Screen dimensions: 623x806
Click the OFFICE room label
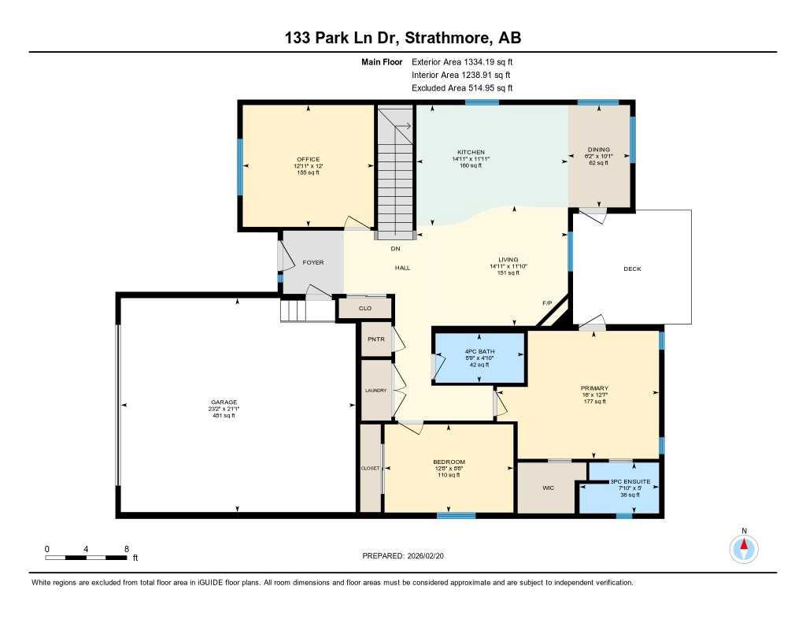pos(307,159)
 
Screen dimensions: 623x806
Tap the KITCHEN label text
pos(471,152)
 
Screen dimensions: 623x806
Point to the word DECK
pos(632,269)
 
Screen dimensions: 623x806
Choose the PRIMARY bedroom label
pos(594,388)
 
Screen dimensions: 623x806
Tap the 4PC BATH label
pos(479,351)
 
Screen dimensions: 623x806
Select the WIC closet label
pos(549,488)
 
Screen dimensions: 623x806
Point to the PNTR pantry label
pos(375,340)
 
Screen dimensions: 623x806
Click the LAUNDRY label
pos(375,390)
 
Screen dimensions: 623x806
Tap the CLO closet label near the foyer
pos(364,308)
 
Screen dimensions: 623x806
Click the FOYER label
pos(312,262)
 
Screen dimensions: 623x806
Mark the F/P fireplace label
pos(547,303)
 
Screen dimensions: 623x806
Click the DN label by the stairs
pos(396,248)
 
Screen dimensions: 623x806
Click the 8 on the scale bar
pos(126,548)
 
